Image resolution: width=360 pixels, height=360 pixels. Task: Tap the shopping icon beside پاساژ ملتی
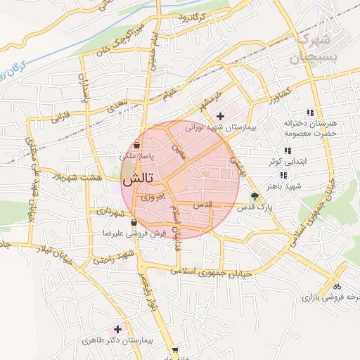(x=136, y=146)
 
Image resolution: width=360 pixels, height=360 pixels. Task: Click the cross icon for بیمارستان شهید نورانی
(x=221, y=116)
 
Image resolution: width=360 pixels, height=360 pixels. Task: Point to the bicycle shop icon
(x=336, y=286)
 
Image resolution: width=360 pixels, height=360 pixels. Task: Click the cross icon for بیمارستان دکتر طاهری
(x=117, y=329)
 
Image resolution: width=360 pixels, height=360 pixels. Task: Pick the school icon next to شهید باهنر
(x=283, y=175)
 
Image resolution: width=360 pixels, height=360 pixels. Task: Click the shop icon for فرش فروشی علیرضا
(x=134, y=223)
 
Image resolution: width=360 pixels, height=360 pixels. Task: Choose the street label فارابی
(x=62, y=114)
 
